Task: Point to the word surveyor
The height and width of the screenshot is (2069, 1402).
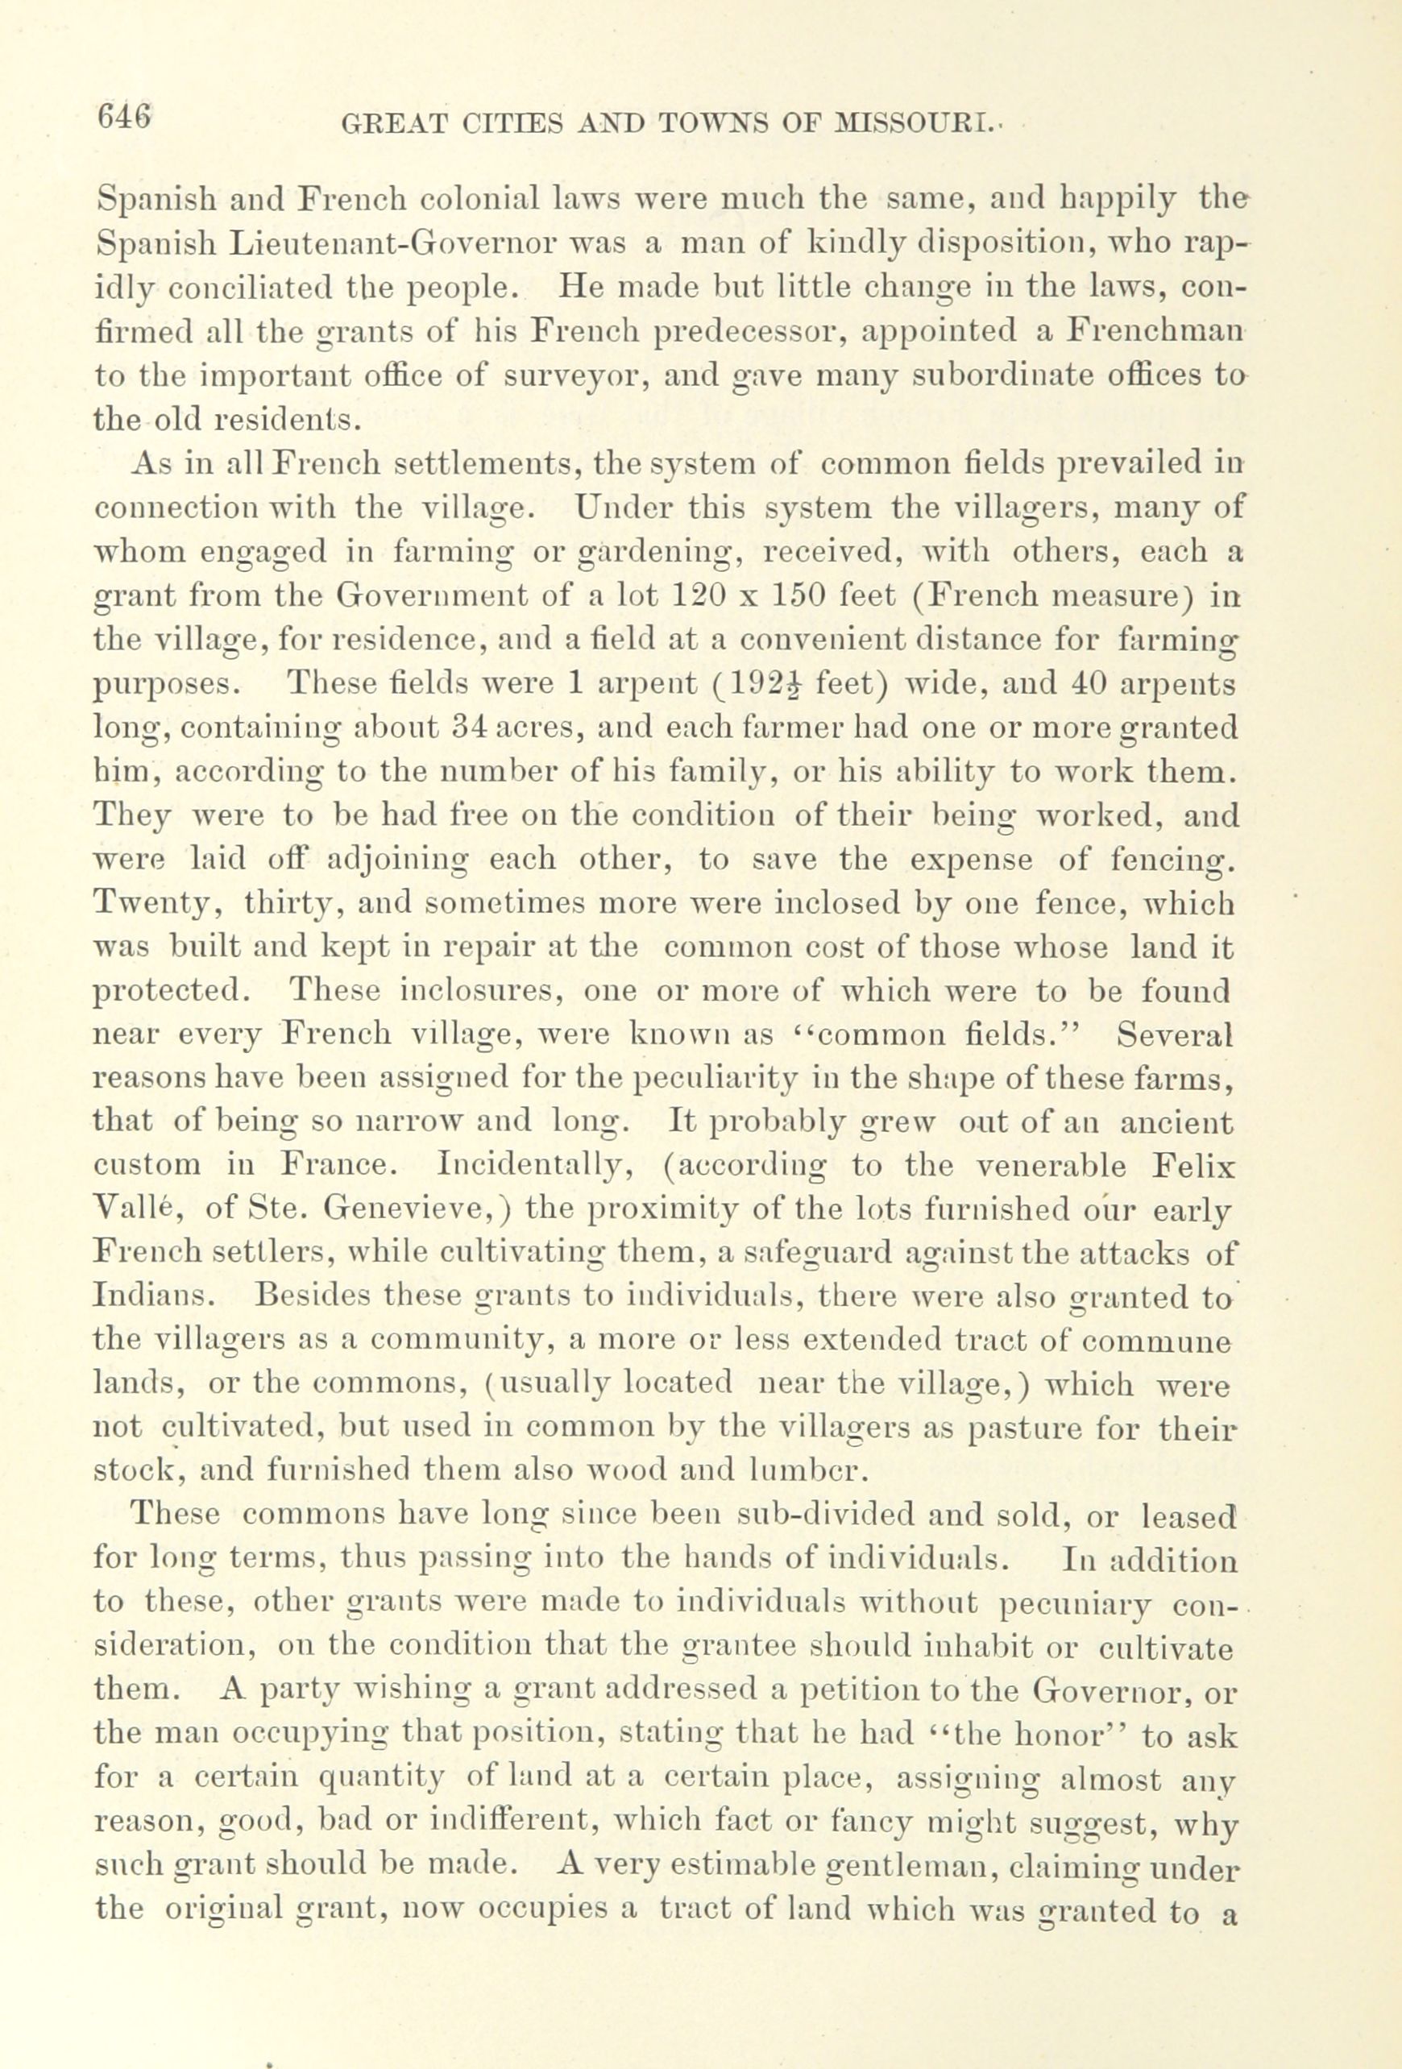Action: click(567, 375)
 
